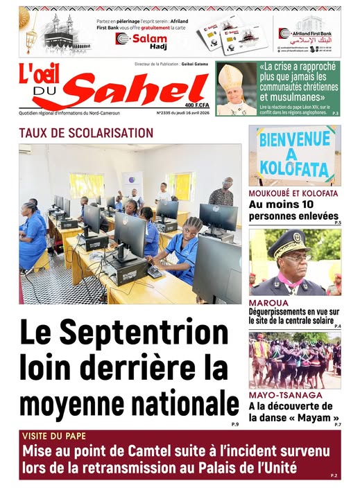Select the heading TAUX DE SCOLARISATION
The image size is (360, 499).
click(86, 132)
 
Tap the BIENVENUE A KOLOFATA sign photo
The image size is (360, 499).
click(295, 155)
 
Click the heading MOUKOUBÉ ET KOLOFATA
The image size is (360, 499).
click(293, 193)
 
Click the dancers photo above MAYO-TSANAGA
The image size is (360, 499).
click(295, 360)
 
